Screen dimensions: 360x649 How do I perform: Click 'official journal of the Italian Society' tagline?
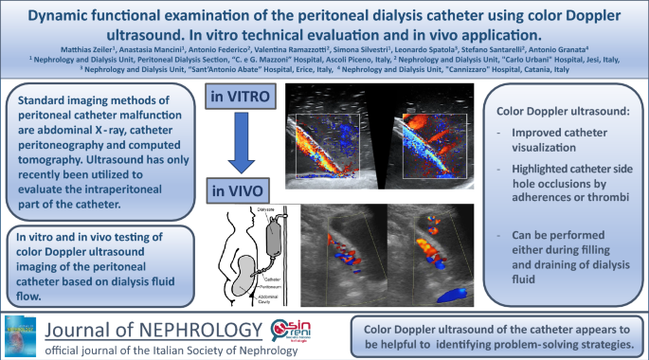(x=152, y=351)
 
